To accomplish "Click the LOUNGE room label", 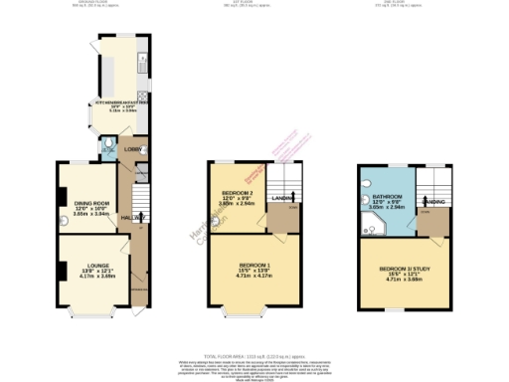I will tap(84, 266).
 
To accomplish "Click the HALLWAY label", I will tap(132, 217).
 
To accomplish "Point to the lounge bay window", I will tap(84, 315).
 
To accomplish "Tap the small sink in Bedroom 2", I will tap(212, 212).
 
